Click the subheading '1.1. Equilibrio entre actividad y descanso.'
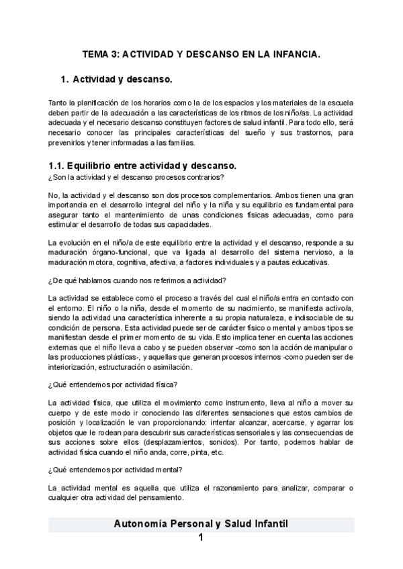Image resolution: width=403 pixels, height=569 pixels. (142, 165)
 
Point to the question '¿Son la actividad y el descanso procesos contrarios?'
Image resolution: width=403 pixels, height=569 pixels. (136, 177)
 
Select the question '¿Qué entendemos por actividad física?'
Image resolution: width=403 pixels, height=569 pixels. (112, 384)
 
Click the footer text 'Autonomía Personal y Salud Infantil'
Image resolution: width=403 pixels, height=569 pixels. (201, 524)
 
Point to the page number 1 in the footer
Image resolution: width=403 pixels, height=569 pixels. (201, 538)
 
